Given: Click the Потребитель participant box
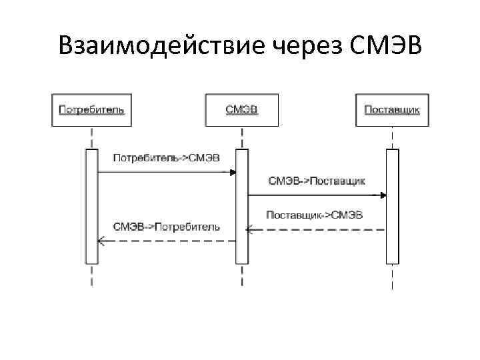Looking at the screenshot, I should [91, 109].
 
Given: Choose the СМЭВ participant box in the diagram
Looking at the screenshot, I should [242, 109].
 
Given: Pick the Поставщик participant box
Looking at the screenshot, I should [392, 109].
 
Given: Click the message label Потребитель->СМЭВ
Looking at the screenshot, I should [166, 158].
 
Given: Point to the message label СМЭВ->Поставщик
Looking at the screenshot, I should [317, 181].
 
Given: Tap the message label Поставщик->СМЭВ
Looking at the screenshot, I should [314, 215].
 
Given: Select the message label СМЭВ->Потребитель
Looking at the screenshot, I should [166, 227].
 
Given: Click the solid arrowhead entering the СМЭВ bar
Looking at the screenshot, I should [233, 172].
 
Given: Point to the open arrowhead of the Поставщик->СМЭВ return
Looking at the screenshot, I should [250, 229].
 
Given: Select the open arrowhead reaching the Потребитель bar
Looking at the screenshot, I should [101, 241].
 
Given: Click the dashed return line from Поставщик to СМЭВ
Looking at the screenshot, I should [317, 229].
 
